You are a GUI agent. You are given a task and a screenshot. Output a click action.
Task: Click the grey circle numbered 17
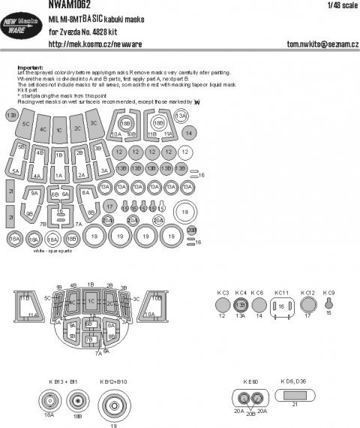(x=109, y=205)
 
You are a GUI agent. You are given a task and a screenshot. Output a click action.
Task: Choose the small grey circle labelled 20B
(x=190, y=230)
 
